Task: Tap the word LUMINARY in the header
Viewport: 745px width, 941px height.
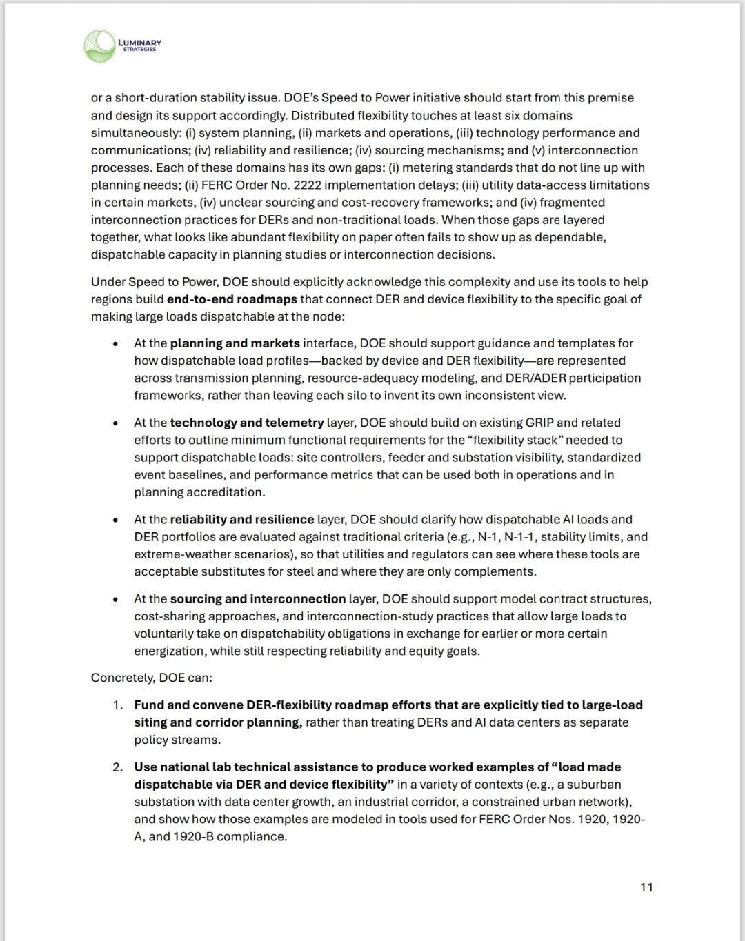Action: pos(140,43)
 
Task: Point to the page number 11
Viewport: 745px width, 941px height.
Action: pos(646,887)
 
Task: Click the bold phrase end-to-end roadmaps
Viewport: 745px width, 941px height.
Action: pos(232,299)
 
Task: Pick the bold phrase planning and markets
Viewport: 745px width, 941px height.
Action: pos(235,343)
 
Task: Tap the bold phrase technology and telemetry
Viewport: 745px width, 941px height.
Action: pos(247,423)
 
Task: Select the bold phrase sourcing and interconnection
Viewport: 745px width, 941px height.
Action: pos(258,599)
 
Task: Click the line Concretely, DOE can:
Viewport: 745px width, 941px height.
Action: pos(152,678)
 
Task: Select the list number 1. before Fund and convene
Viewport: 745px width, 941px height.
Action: pos(118,705)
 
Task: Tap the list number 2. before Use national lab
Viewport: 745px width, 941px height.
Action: pos(118,767)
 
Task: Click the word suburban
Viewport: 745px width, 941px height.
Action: pos(597,785)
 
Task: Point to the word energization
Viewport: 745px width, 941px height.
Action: pos(169,651)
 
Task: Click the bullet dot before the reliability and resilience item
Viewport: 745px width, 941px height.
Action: pos(117,520)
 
